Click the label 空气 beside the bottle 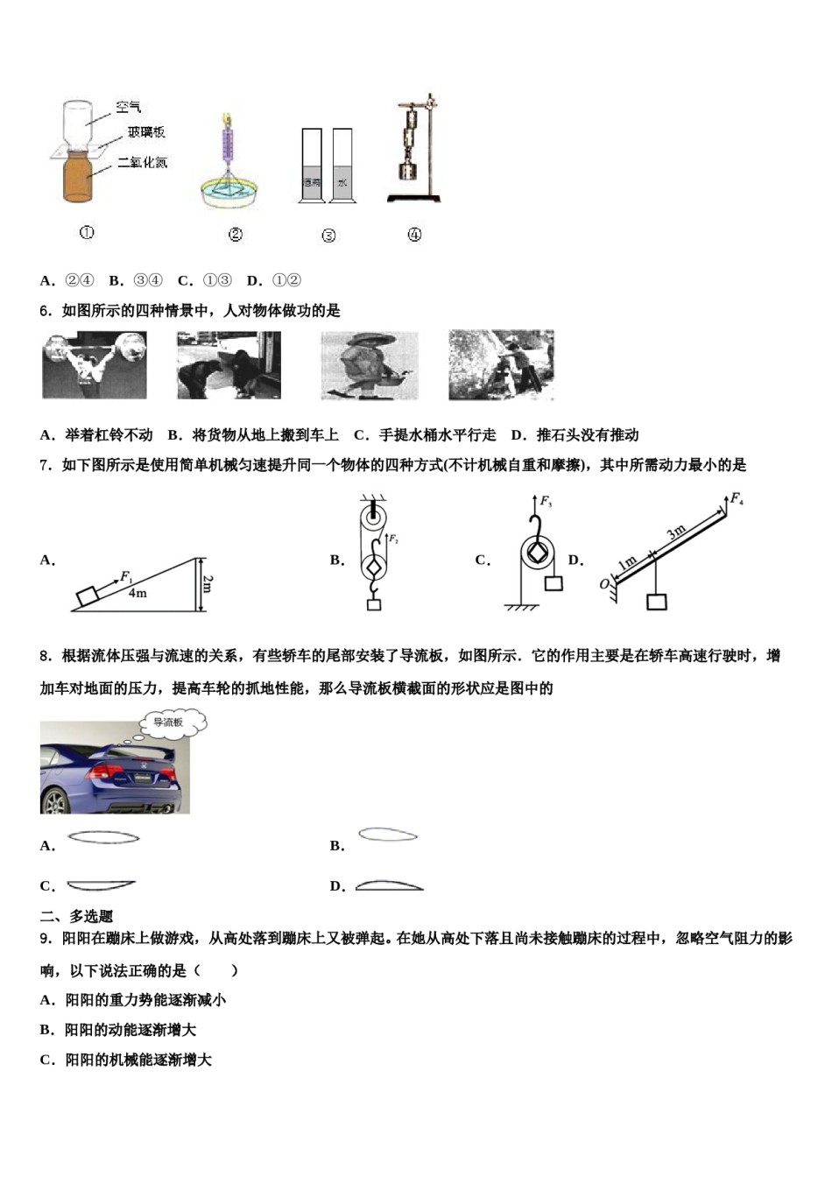pos(128,107)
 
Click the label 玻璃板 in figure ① pos(145,132)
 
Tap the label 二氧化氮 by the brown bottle pos(142,162)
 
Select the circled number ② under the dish pos(235,235)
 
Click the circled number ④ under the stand pos(414,235)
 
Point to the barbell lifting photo pos(95,365)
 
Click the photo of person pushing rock pos(501,365)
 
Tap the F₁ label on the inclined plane pos(126,577)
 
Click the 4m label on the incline pos(137,593)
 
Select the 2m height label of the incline pos(207,583)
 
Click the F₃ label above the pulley pos(546,502)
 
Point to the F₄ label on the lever pos(737,499)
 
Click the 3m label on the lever pos(675,532)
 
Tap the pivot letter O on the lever pos(604,583)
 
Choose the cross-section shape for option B pos(388,835)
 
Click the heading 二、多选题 pos(77,916)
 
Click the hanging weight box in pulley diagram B pos(374,605)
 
